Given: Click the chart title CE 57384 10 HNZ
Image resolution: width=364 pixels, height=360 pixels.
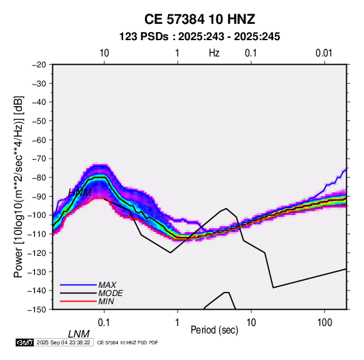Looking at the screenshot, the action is pos(199,19).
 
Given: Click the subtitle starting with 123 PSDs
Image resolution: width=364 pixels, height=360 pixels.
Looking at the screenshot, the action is pos(199,37).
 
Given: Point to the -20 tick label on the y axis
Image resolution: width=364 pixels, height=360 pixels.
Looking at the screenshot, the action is pos(39,65).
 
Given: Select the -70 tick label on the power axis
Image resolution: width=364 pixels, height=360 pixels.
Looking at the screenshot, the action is pos(39,159).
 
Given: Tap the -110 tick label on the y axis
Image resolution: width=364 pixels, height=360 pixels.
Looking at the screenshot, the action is pos(37,234).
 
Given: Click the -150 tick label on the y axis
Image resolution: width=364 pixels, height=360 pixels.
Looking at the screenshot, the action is pos(37,310).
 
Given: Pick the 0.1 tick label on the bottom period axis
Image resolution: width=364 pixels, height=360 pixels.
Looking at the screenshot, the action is pos(104,323).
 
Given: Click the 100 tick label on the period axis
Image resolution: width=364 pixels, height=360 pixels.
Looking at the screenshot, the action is pos(325,323).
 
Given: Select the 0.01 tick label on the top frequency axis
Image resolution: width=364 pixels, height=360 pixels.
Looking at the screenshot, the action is pos(324,53).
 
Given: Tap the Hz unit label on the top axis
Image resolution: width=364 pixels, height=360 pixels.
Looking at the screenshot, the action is pos(214,53).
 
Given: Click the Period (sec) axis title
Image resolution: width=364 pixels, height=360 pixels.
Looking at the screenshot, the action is pos(214,330).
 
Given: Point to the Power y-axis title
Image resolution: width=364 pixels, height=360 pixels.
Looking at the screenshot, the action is pos(18,186).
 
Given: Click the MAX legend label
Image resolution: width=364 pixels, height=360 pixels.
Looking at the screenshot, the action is pos(107,285).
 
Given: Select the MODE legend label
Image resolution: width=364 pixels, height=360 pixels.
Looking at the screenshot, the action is pos(110,293).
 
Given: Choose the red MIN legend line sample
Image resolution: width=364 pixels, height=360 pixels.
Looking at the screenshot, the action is pos(78,301).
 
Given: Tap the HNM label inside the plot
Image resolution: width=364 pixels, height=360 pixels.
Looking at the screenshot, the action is pos(80,193).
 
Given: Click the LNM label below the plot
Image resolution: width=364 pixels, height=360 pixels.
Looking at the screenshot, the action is pos(79,334).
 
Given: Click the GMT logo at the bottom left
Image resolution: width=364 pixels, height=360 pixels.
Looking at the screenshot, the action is pos(25,342).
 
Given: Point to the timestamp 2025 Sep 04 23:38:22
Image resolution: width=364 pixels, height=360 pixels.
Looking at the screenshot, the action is pos(63,342).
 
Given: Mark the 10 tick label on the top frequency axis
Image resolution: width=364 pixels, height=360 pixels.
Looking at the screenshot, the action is pos(104,53).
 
